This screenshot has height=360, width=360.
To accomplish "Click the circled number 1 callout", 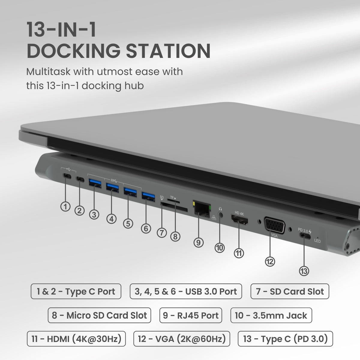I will (65, 206).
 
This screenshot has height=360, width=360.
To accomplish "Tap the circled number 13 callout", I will (304, 271).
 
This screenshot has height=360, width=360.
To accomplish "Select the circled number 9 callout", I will (198, 242).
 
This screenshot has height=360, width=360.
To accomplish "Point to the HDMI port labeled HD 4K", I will (239, 220).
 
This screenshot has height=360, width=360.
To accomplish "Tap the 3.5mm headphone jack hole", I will (221, 215).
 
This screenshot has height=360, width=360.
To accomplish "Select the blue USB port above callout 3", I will (94, 182).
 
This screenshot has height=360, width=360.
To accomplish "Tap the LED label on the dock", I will (317, 241).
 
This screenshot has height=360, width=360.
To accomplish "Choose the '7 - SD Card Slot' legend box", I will (289, 291).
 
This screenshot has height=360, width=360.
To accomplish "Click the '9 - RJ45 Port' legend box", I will (190, 315).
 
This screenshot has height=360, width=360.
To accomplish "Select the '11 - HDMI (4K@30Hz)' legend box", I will (76, 339).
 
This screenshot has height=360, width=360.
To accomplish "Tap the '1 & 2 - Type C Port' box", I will (76, 291).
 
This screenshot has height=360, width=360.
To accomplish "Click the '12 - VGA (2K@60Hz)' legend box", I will (181, 339).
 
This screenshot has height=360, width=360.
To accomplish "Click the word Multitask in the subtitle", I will (48, 72).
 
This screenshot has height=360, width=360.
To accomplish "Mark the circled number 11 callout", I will (239, 253).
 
